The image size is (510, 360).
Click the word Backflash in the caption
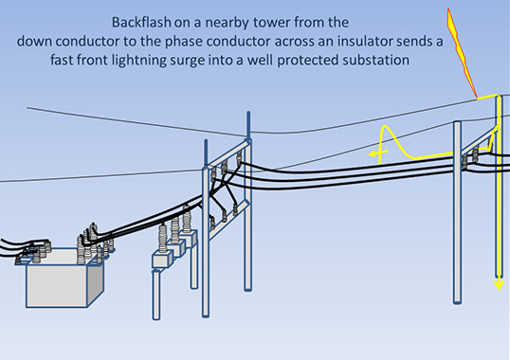click(141, 23)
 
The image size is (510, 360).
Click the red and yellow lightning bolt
click(461, 54)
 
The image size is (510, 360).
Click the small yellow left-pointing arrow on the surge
click(377, 153)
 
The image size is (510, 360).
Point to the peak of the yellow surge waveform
click(386, 126)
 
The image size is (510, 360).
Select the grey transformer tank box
click(64, 278)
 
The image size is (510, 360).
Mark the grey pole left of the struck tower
click(457, 213)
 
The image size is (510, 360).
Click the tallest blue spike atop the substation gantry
click(248, 125)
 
